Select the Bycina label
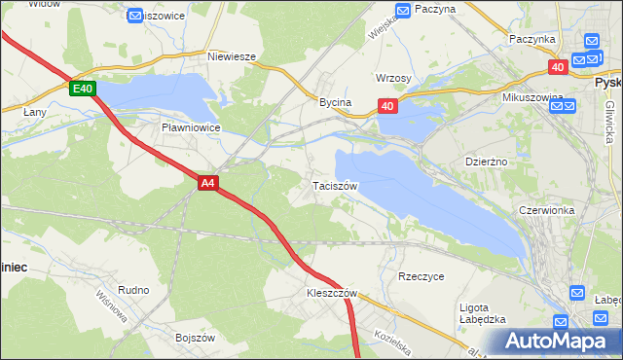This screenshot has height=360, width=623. coord(335,102)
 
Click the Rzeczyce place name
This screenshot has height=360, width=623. coord(421,276)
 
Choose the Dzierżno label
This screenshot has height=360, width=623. coord(488,162)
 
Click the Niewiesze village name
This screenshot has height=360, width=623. coord(232,56)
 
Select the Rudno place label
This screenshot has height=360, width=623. coord(133,290)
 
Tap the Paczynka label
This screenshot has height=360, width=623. coord(531,39)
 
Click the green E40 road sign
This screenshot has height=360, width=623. coord(83,89)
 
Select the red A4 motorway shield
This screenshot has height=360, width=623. coord(207,182)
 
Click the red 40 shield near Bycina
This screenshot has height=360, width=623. coord(387,106)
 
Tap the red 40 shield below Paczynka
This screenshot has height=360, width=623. coord(557,66)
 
